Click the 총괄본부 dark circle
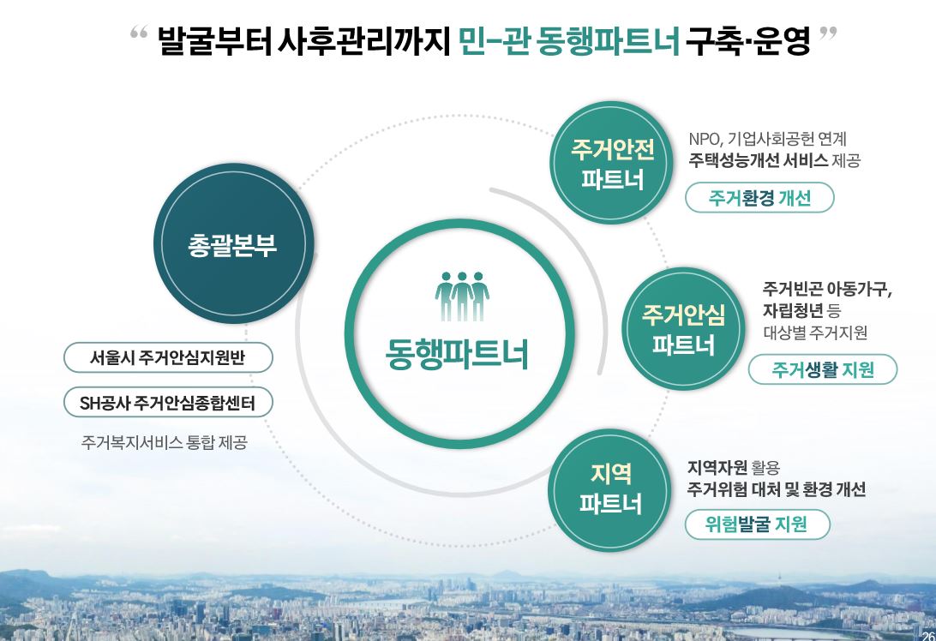[232, 246]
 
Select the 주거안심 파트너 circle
[683, 330]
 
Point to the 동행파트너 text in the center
[456, 353]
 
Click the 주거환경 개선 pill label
[759, 199]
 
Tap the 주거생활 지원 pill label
[822, 370]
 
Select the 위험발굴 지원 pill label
[757, 524]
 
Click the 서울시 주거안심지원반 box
[168, 358]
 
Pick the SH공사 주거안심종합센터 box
[168, 403]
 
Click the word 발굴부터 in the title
[214, 40]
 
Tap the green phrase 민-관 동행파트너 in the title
[568, 40]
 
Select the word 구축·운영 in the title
[747, 40]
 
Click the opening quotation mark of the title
[139, 35]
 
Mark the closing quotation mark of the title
[828, 35]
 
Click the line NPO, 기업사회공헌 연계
[767, 138]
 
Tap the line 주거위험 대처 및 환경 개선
[776, 489]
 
